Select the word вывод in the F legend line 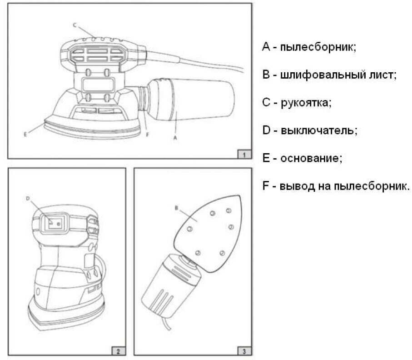point(295,186)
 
